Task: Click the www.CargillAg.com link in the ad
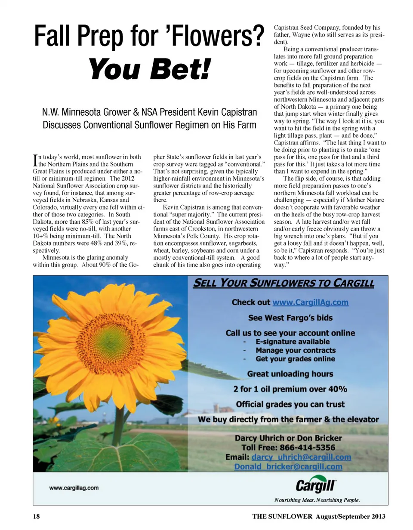click(x=310, y=302)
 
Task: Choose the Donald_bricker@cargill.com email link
click(x=288, y=467)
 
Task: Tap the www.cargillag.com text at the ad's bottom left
click(x=74, y=488)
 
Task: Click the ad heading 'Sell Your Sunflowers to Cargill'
click(x=284, y=283)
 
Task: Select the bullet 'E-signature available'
click(x=293, y=342)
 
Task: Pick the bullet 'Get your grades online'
click(x=295, y=359)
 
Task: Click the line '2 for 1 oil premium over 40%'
click(x=290, y=389)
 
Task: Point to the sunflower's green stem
click(x=119, y=426)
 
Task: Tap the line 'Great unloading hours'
click(x=290, y=374)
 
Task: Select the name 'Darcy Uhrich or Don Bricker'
click(x=288, y=438)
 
